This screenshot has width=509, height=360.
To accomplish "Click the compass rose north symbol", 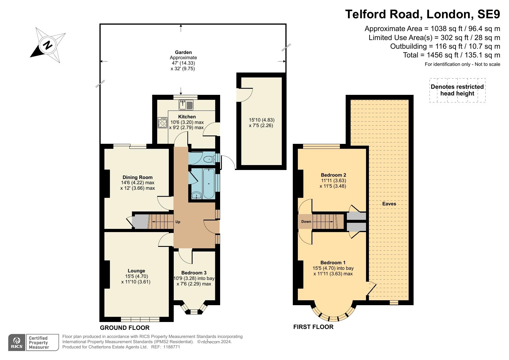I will tap(48, 45).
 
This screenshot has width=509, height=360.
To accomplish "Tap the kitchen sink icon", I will tap(186, 105).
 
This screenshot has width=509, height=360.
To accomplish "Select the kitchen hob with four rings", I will tap(162, 122).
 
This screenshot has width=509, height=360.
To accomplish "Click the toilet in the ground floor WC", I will tap(208, 159).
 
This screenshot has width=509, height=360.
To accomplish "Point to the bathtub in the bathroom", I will tap(209, 183).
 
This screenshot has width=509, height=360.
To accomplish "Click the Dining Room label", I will tap(137, 177).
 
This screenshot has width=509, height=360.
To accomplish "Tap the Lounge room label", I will tap(136, 271).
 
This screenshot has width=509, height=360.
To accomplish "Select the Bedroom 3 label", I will tap(194, 273).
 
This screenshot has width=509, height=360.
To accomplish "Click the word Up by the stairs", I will tap(178, 222).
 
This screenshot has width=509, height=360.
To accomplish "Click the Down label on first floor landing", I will tap(306, 222).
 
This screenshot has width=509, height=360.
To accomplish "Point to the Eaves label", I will tap(389, 204).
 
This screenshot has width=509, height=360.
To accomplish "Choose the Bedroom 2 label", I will tap(333, 175).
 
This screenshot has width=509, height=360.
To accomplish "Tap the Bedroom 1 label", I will tap(333, 263).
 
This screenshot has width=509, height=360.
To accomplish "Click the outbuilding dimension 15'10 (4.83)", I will tap(261, 120).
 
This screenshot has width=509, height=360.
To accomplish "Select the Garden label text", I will tap(183, 52).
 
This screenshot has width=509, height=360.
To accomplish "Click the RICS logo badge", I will tap(17, 343).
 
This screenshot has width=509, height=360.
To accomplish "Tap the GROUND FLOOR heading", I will tap(125, 328).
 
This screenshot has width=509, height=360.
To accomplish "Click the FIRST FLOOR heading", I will tap(313, 327).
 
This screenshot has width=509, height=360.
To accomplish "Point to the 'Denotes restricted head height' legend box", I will tap(457, 90).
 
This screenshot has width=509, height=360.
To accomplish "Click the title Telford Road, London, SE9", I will tap(423, 14).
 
